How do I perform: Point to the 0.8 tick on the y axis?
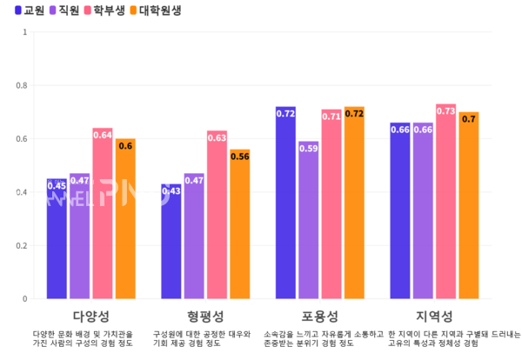[23, 85]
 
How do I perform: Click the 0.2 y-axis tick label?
[23, 245]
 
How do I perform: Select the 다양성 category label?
[91, 315]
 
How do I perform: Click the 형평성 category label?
[205, 315]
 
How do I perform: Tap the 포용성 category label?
[320, 315]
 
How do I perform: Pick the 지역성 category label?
[434, 315]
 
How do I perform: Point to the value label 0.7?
[468, 118]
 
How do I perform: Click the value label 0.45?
[57, 185]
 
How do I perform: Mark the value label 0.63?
[217, 137]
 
